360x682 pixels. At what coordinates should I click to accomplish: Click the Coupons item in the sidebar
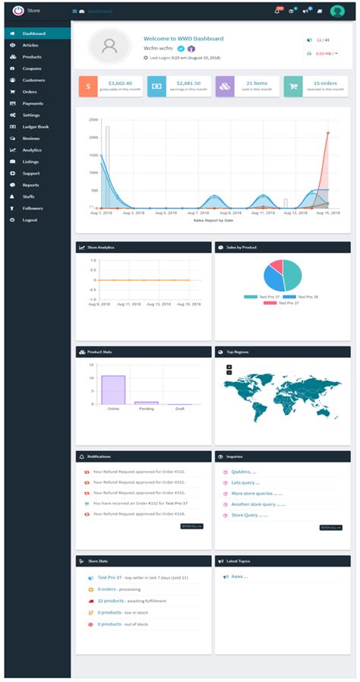pos(32,68)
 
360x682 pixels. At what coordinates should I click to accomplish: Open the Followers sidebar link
pos(33,207)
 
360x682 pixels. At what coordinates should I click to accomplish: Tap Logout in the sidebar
pos(30,219)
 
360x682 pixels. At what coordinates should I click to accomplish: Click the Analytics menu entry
pos(32,150)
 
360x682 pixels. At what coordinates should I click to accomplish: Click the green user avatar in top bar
pos(337,11)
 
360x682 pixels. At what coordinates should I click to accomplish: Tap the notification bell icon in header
pos(277,11)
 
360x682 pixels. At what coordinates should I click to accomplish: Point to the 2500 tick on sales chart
pos(94,120)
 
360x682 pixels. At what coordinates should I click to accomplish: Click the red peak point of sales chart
pos(328,133)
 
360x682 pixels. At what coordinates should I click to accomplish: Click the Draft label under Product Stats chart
pos(180,409)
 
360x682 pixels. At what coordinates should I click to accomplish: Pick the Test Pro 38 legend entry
pos(307,296)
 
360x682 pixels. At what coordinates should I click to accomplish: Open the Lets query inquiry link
pos(245,482)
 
